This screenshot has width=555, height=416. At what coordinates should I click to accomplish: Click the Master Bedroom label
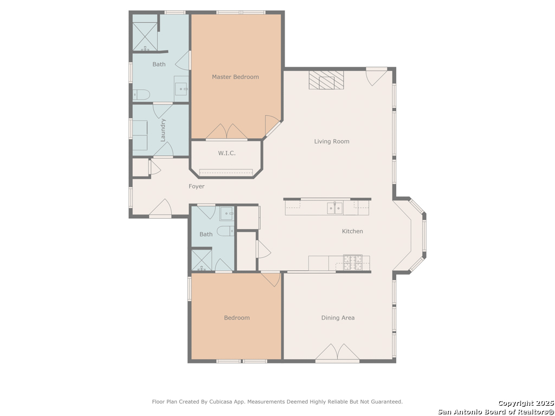[x=235, y=77]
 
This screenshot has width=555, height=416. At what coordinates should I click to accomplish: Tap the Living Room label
[x=332, y=141]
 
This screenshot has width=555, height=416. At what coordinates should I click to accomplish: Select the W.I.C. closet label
[x=227, y=153]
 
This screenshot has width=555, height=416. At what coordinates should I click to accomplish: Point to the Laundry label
[x=163, y=130]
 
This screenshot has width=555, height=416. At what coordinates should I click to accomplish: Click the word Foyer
[x=196, y=186]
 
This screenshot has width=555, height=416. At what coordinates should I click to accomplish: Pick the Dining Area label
[x=338, y=317]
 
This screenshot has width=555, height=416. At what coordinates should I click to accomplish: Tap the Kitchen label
[x=352, y=231]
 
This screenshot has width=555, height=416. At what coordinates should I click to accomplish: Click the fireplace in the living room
[x=326, y=80]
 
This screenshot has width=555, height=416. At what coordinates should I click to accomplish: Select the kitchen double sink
[x=334, y=209]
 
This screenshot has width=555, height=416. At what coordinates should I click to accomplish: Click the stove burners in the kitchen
[x=353, y=263]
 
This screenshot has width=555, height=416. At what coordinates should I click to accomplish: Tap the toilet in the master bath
[x=141, y=94]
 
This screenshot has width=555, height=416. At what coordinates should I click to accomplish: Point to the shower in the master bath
[x=145, y=37]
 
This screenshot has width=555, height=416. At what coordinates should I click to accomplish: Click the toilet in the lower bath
[x=225, y=231]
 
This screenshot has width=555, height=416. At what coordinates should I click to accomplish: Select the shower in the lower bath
[x=202, y=261]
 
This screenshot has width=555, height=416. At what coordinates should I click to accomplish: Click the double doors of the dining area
[x=337, y=353]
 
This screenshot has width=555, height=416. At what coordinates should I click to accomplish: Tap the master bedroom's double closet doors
[x=227, y=132]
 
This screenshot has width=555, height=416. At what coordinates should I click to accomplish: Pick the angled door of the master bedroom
[x=273, y=126]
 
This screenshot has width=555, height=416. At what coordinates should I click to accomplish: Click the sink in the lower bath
[x=227, y=213]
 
